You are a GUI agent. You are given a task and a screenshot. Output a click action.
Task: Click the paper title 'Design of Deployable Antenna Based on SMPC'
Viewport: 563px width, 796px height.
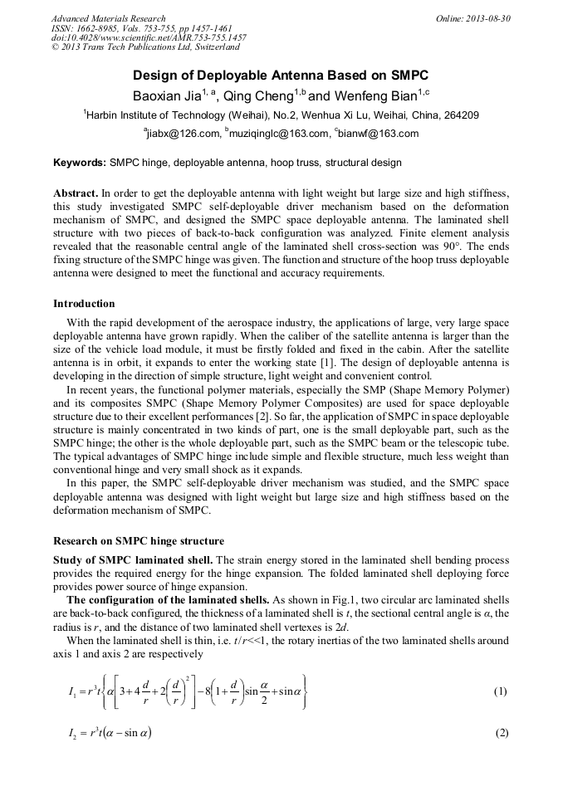281,75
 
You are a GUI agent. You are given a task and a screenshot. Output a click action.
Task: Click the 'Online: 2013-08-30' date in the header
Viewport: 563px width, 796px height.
473,18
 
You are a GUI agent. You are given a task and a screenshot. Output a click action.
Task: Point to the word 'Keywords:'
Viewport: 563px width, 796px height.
79,163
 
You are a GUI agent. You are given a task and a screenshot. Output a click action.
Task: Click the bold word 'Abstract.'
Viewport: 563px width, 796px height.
76,193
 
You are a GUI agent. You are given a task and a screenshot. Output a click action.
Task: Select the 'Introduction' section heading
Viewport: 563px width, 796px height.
84,304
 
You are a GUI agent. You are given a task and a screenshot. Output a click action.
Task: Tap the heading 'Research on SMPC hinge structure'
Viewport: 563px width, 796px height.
138,541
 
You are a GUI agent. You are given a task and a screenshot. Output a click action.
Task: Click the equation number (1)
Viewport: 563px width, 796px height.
500,691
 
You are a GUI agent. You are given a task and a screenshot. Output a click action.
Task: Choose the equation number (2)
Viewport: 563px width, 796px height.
500,734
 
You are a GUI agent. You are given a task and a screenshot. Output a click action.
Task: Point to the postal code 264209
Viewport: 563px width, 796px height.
458,115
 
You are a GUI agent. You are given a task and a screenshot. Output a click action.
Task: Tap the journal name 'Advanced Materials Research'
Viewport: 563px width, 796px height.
108,18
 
